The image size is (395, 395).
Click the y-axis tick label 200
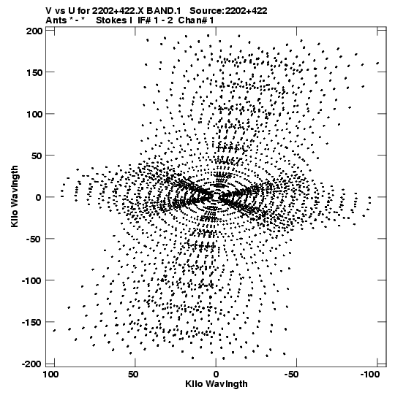tap(34, 31)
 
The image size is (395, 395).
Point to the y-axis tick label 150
tap(34, 73)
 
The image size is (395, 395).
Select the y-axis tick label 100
tap(34, 115)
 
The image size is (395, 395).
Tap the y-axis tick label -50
tap(34, 239)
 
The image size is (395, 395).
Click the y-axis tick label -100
tap(31, 280)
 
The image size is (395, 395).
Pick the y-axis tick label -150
tap(31, 323)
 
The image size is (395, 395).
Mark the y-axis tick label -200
tap(31, 364)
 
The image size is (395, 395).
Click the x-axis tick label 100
tap(51, 375)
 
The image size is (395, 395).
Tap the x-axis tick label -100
tap(369, 375)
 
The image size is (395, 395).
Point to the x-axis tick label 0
tap(216, 375)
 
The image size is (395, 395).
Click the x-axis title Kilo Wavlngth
tap(217, 384)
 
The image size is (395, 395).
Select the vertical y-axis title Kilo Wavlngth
tap(15, 196)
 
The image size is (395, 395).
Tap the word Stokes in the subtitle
tap(111, 20)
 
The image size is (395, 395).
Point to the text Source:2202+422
tap(228, 11)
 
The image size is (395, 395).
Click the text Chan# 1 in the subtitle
tap(196, 20)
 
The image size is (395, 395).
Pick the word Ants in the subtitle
tap(56, 20)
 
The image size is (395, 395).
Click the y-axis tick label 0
tap(38, 197)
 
